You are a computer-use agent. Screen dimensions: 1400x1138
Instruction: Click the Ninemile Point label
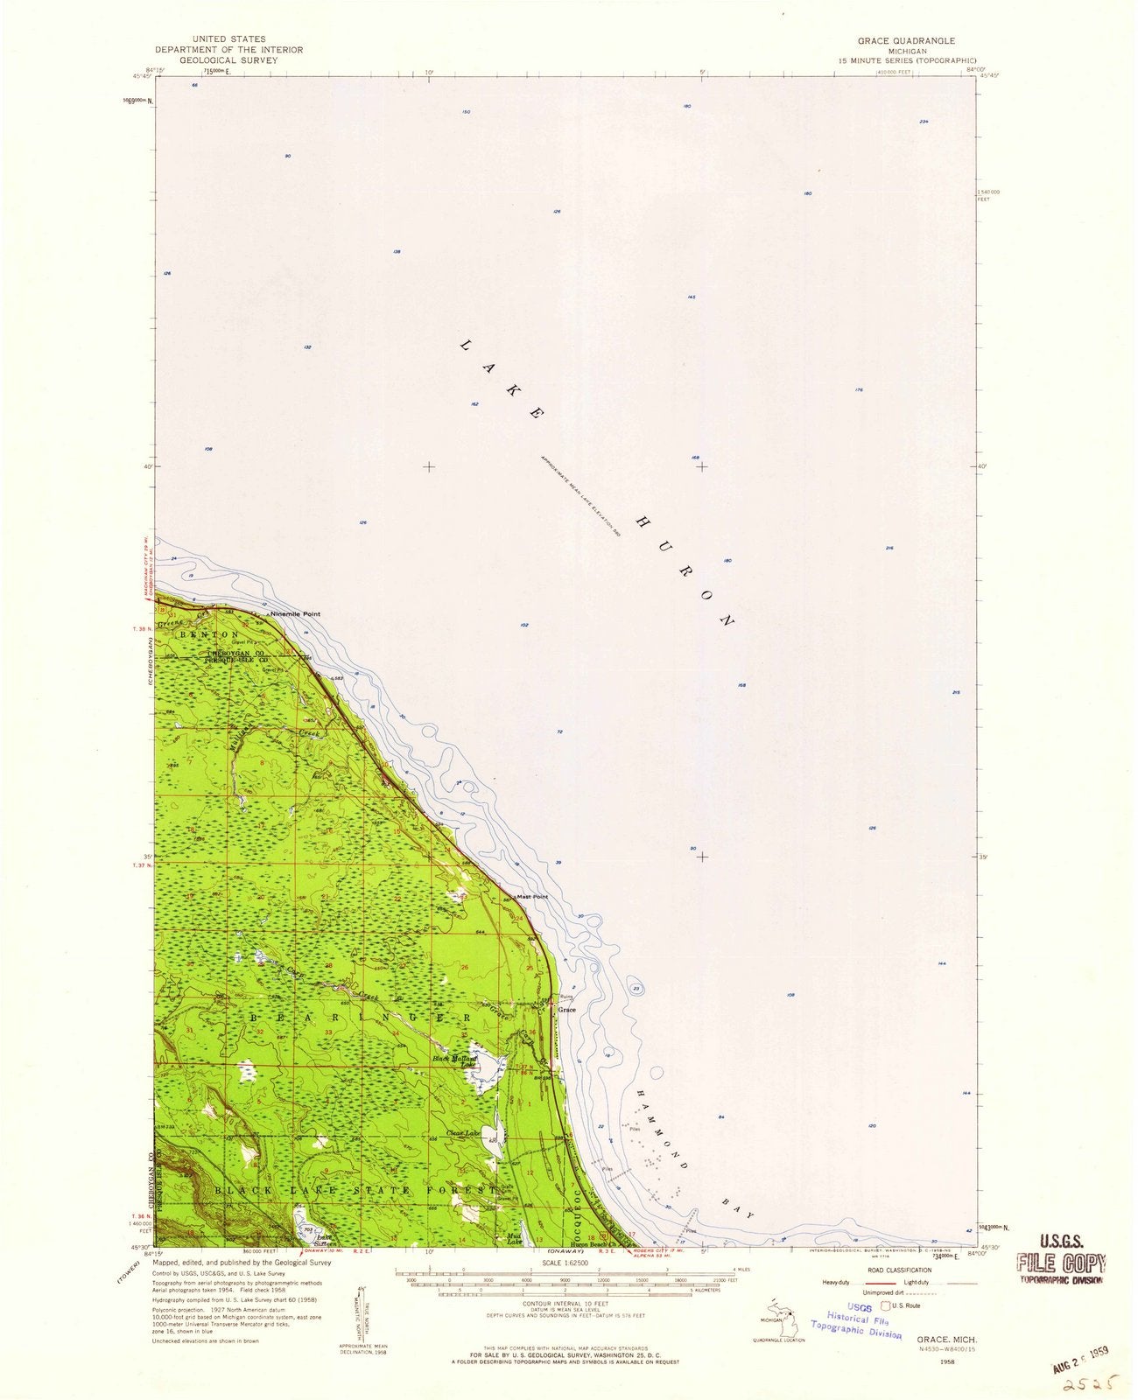click(296, 613)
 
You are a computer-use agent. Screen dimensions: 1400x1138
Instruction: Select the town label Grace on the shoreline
click(567, 1009)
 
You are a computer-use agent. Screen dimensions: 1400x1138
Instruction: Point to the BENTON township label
click(209, 633)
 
